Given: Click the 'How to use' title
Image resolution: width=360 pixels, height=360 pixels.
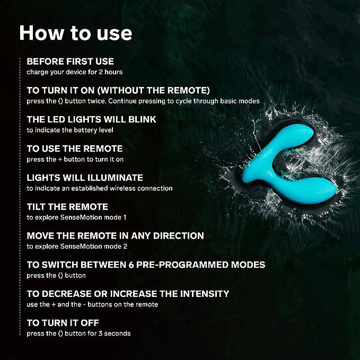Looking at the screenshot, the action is point(75,33).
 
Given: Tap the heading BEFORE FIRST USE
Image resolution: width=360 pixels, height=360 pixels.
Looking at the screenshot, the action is point(71,62).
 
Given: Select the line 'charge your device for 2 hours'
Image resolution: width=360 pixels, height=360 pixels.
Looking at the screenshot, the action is point(75,72).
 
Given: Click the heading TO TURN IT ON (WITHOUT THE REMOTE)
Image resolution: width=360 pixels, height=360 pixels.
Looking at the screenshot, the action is point(118,90).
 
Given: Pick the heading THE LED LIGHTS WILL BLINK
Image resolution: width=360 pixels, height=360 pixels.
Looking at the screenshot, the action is point(91,119).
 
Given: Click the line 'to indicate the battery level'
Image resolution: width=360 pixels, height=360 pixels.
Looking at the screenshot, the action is point(70,130).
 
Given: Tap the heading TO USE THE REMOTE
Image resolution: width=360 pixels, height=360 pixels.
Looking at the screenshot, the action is point(75,148).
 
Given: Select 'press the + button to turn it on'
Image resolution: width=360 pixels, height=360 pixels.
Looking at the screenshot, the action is point(75,160).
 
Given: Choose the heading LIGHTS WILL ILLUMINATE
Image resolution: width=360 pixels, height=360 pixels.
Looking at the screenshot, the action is point(85,178).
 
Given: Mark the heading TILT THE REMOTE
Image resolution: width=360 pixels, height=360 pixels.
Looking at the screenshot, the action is point(67,207).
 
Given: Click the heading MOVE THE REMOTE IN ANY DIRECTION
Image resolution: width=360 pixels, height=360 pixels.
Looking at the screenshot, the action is point(115,236).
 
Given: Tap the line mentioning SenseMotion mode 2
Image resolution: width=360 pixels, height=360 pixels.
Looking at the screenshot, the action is point(77,247).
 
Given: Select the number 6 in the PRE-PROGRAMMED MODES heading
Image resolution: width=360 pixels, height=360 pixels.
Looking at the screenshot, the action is point(131,265).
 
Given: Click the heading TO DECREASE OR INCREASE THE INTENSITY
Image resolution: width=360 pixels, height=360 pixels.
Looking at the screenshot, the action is point(128,294).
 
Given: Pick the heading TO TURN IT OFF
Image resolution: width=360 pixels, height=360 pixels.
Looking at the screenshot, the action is point(63,323).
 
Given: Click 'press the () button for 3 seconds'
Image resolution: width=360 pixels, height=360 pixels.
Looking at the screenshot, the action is point(78,333).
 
